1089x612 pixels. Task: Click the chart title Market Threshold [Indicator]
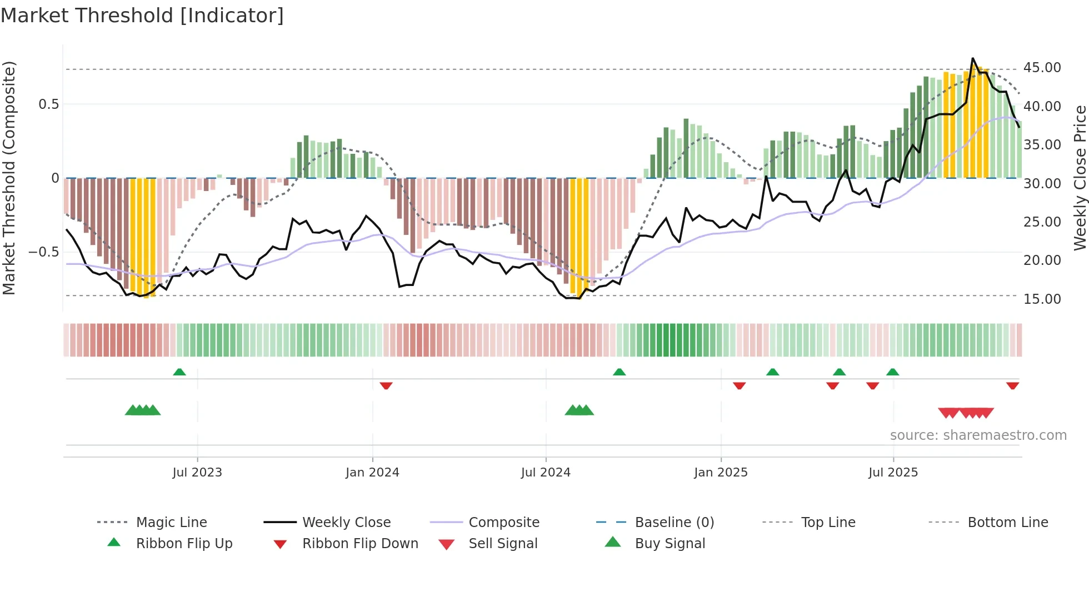[x=142, y=16]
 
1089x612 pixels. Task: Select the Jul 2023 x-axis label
[x=197, y=473]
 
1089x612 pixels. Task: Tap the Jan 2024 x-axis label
[x=372, y=473]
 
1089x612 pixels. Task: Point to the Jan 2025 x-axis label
[x=721, y=473]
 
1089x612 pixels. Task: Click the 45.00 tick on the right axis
[x=1042, y=68]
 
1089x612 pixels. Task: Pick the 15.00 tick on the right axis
[x=1042, y=299]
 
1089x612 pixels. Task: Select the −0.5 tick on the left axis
[x=43, y=252]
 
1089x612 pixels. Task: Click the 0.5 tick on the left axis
[x=48, y=104]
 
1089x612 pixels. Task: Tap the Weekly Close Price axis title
[x=1080, y=178]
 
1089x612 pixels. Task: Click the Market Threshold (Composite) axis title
[x=9, y=178]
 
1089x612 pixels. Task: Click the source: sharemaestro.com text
[x=978, y=435]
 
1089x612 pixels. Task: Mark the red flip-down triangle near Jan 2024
[x=386, y=385]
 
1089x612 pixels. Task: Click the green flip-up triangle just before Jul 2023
[x=179, y=372]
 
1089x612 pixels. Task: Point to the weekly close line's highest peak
[x=972, y=58]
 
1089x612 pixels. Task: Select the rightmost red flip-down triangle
[x=1012, y=385]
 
